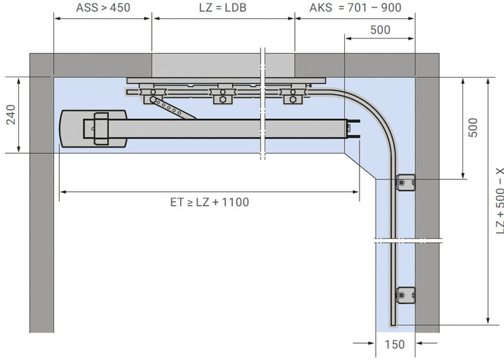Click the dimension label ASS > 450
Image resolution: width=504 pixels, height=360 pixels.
[x=103, y=7]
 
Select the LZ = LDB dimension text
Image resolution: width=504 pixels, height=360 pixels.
[x=222, y=7]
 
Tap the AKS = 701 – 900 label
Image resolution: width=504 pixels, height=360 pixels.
[x=355, y=7]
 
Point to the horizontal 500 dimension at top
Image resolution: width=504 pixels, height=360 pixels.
[x=380, y=30]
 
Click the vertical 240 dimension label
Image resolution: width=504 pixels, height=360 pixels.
[x=11, y=114]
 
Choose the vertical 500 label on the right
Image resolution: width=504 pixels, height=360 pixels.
[x=473, y=128]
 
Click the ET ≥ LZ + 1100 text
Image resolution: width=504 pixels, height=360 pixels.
[x=210, y=202]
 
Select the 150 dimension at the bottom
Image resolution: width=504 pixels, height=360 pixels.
[x=394, y=345]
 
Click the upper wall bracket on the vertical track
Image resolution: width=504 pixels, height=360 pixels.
[x=405, y=183]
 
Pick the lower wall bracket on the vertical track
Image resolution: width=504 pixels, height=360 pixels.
[x=405, y=295]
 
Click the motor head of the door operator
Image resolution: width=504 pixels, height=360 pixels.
[x=93, y=129]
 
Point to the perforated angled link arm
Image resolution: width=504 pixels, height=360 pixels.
[x=173, y=109]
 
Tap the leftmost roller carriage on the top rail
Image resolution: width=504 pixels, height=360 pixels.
[x=153, y=95]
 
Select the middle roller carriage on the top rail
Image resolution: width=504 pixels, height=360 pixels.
[x=222, y=95]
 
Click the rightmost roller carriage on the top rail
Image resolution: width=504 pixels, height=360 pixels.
[x=292, y=95]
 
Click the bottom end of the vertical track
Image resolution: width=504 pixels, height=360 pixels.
[x=393, y=325]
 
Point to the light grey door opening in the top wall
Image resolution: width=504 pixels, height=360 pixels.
[x=223, y=65]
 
